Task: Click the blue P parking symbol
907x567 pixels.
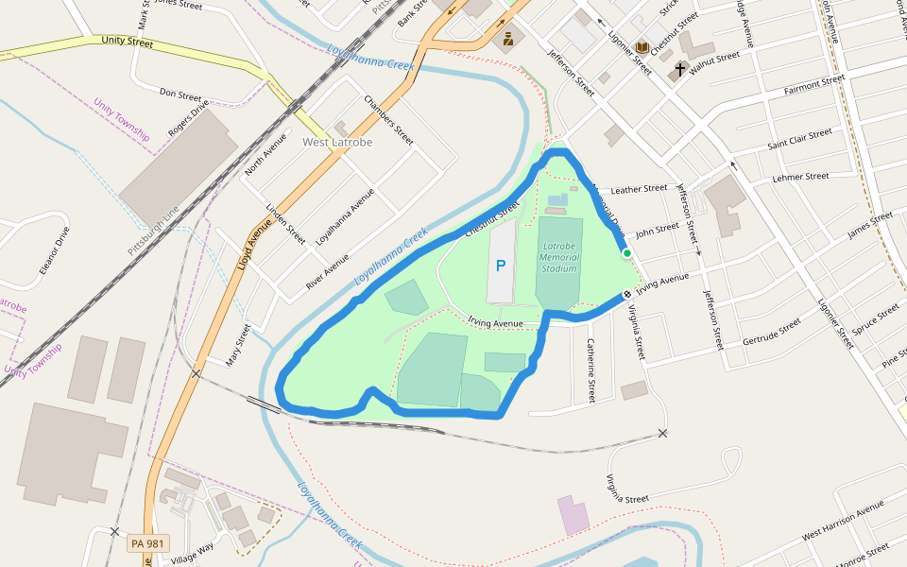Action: (501, 266)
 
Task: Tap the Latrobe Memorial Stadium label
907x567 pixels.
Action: (558, 256)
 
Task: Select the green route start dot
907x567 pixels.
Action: (626, 253)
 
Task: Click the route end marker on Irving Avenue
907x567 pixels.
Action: (626, 295)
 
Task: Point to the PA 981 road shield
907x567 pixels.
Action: (147, 543)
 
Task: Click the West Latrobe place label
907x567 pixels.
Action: (337, 142)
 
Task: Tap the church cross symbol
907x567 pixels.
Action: (679, 69)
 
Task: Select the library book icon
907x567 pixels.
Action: (642, 47)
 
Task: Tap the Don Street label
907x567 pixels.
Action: (180, 95)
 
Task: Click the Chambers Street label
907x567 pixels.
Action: (388, 120)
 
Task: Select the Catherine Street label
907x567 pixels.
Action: (591, 370)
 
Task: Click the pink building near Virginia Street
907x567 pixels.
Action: (573, 515)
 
